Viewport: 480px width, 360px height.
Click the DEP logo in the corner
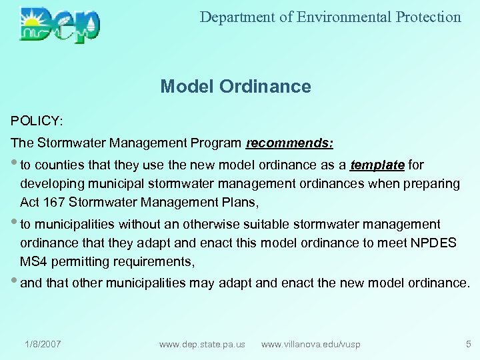[60, 25]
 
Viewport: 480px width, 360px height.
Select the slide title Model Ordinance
[235, 87]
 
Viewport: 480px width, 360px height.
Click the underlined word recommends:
[290, 143]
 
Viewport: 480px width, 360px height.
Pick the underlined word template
[377, 165]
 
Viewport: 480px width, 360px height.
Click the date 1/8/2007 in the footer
[43, 344]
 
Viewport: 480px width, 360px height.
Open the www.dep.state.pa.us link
[202, 344]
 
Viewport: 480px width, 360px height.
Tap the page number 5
[467, 344]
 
